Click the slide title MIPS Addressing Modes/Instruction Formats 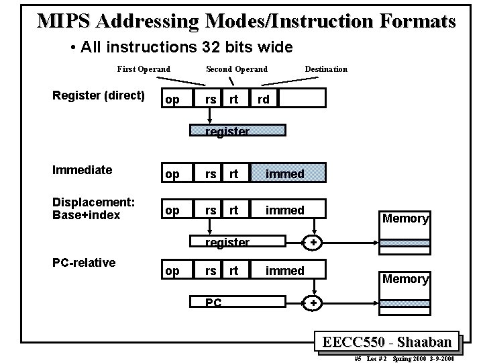click(246, 20)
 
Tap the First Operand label click(144, 69)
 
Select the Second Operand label click(236, 69)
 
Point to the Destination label click(326, 69)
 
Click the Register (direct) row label click(99, 95)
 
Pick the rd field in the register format click(264, 99)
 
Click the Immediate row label click(82, 170)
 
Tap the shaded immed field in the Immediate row click(284, 174)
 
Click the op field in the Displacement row click(172, 210)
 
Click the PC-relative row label click(84, 262)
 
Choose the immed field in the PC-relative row click(284, 271)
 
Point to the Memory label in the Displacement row click(405, 218)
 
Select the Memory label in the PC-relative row click(405, 279)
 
